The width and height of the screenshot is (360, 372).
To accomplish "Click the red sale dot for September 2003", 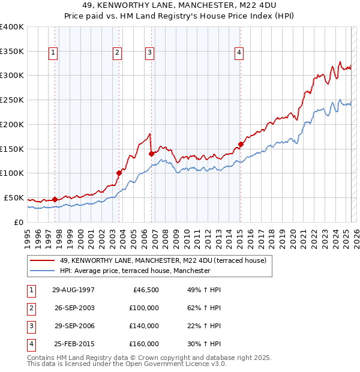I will pyautogui.click(x=119, y=173).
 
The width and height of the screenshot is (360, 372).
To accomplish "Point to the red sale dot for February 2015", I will pyautogui.click(x=241, y=144).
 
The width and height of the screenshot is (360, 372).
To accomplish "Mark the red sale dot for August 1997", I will pyautogui.click(x=55, y=199).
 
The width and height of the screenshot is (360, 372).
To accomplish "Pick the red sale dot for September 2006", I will pyautogui.click(x=151, y=154).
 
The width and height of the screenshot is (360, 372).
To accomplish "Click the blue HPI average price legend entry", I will pyautogui.click(x=135, y=271).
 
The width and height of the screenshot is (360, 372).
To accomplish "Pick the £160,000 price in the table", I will pyautogui.click(x=144, y=344).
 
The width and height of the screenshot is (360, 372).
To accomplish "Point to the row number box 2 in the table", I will pyautogui.click(x=30, y=308).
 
